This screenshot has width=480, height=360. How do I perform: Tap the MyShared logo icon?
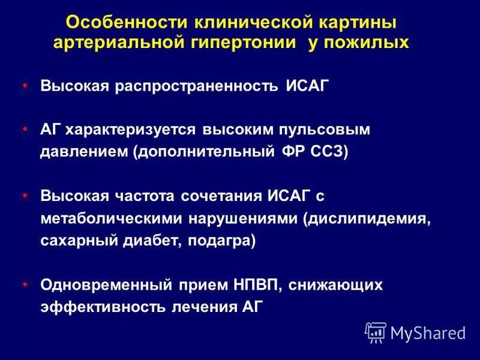[376, 332]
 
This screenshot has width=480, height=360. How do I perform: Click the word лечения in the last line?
[206, 306]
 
